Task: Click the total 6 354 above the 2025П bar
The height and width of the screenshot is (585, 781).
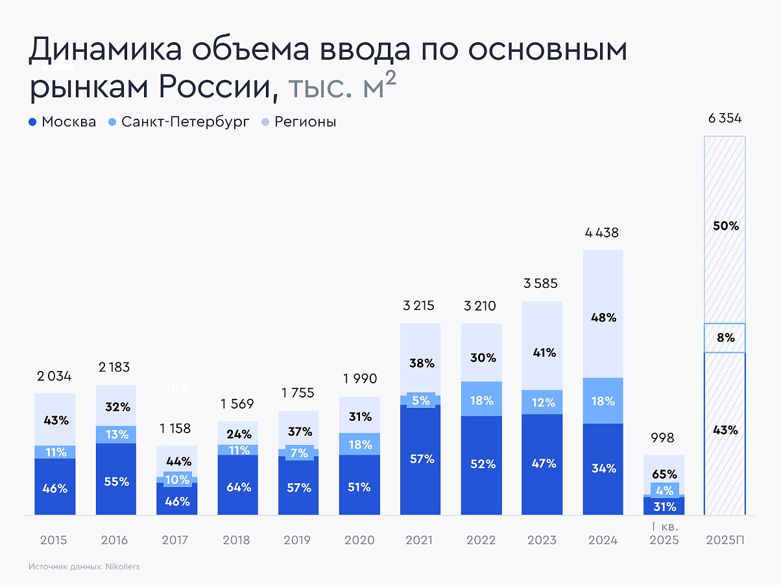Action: coord(725,119)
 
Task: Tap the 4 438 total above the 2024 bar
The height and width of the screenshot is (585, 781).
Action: coord(603,233)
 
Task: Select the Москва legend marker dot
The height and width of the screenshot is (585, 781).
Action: coord(32,122)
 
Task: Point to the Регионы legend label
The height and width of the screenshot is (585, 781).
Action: coord(305,122)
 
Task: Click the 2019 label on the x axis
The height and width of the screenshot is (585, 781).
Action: coord(298,540)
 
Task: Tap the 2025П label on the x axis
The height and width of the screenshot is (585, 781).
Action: coord(725,540)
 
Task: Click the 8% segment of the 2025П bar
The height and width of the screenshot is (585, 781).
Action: coord(725,338)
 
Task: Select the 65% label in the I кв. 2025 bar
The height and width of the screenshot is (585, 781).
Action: coord(664,474)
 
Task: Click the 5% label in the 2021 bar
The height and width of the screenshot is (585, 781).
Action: coord(420,401)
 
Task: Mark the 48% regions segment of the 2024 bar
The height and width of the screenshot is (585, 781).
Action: coord(603,318)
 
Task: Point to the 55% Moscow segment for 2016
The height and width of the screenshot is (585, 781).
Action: coord(116,482)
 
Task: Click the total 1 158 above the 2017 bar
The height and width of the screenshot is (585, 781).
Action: coord(176,429)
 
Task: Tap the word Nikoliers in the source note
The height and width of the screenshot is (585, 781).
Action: coord(121,567)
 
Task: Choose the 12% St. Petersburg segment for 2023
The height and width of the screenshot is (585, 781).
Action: coord(542,402)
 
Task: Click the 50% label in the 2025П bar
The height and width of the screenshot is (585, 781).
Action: coord(725,226)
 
